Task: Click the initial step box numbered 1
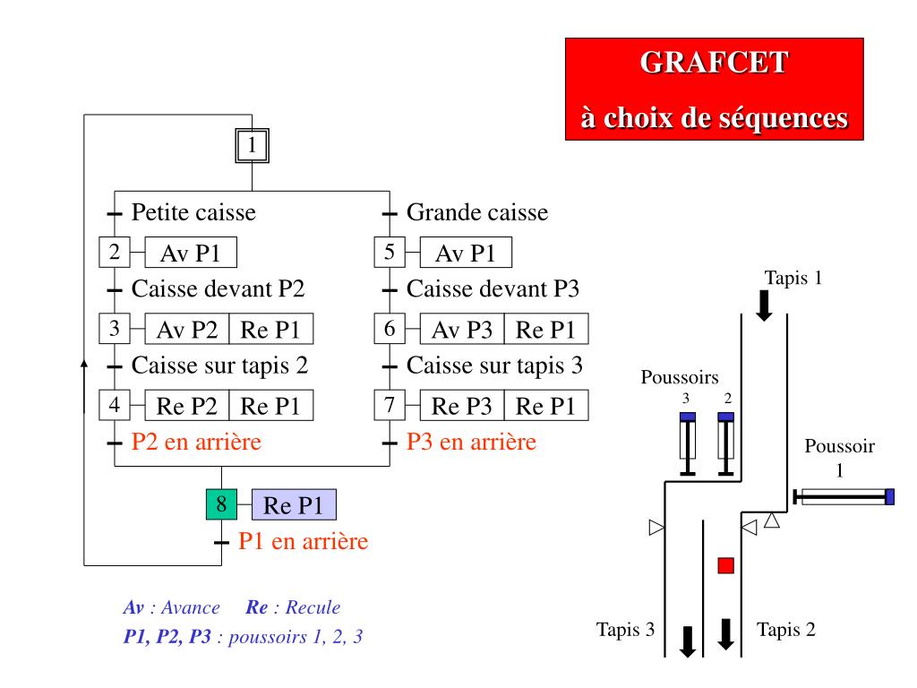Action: point(252,145)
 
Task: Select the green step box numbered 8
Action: point(222,504)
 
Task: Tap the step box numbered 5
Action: point(390,252)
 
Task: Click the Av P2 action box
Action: point(186,329)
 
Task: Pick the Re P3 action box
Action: point(462,406)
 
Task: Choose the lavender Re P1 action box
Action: point(294,505)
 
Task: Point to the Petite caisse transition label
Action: point(193,212)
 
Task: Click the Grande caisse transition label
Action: point(477,212)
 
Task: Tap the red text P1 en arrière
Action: point(304,541)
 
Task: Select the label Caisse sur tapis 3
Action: point(494,365)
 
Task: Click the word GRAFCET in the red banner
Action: point(714,63)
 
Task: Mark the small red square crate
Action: point(725,566)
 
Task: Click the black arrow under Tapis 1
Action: point(764,305)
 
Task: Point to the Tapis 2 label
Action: point(785,630)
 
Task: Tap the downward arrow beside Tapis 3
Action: point(688,641)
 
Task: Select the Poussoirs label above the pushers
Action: point(680,377)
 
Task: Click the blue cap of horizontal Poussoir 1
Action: point(889,496)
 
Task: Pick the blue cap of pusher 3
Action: point(688,417)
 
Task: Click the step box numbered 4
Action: point(115,405)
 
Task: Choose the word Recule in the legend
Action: point(313,607)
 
